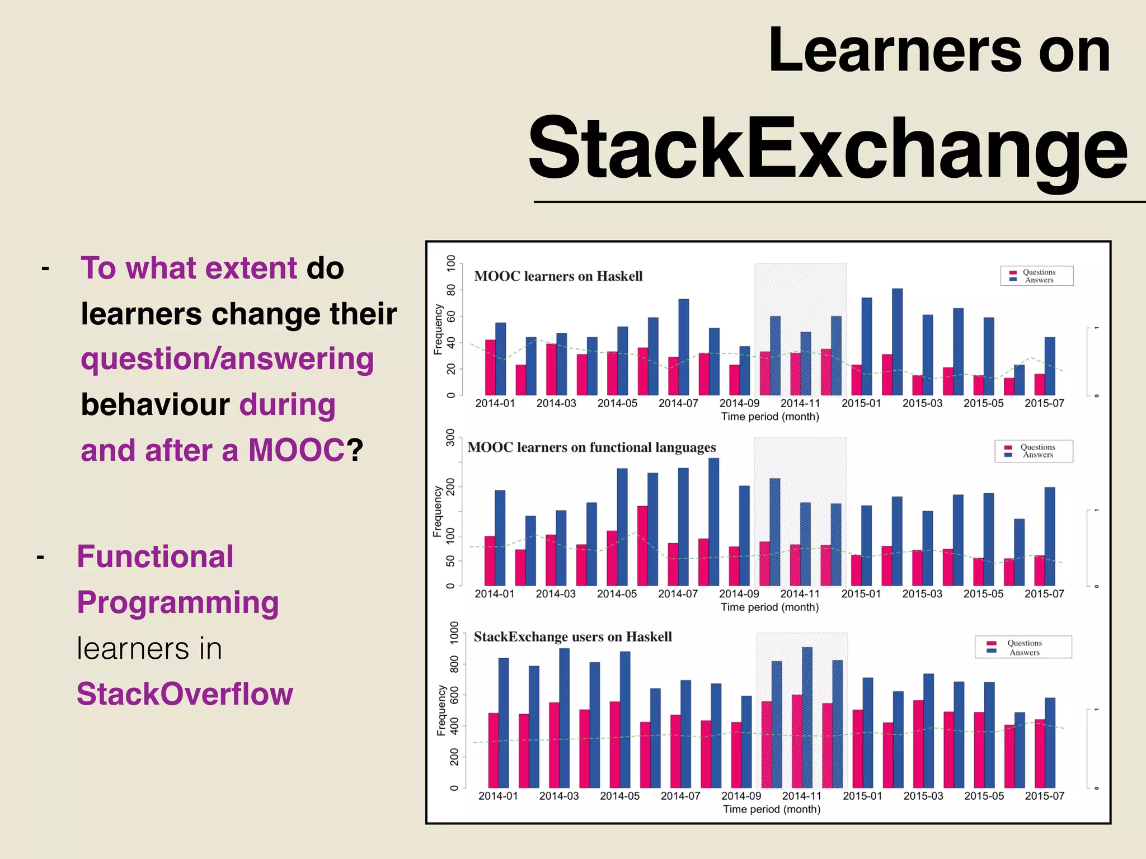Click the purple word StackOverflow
(185, 694)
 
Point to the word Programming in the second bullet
(178, 603)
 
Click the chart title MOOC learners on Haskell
(558, 276)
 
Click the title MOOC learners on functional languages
(591, 447)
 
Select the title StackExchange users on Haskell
(572, 637)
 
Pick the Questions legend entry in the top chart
(1038, 272)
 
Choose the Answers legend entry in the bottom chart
(1023, 652)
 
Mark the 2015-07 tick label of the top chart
(1044, 403)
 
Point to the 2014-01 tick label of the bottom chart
(498, 796)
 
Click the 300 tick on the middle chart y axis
(450, 437)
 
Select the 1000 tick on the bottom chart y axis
(454, 633)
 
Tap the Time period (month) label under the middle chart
(769, 607)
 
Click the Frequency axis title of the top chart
(438, 329)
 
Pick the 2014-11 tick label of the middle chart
(800, 594)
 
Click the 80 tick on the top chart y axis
(451, 290)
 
